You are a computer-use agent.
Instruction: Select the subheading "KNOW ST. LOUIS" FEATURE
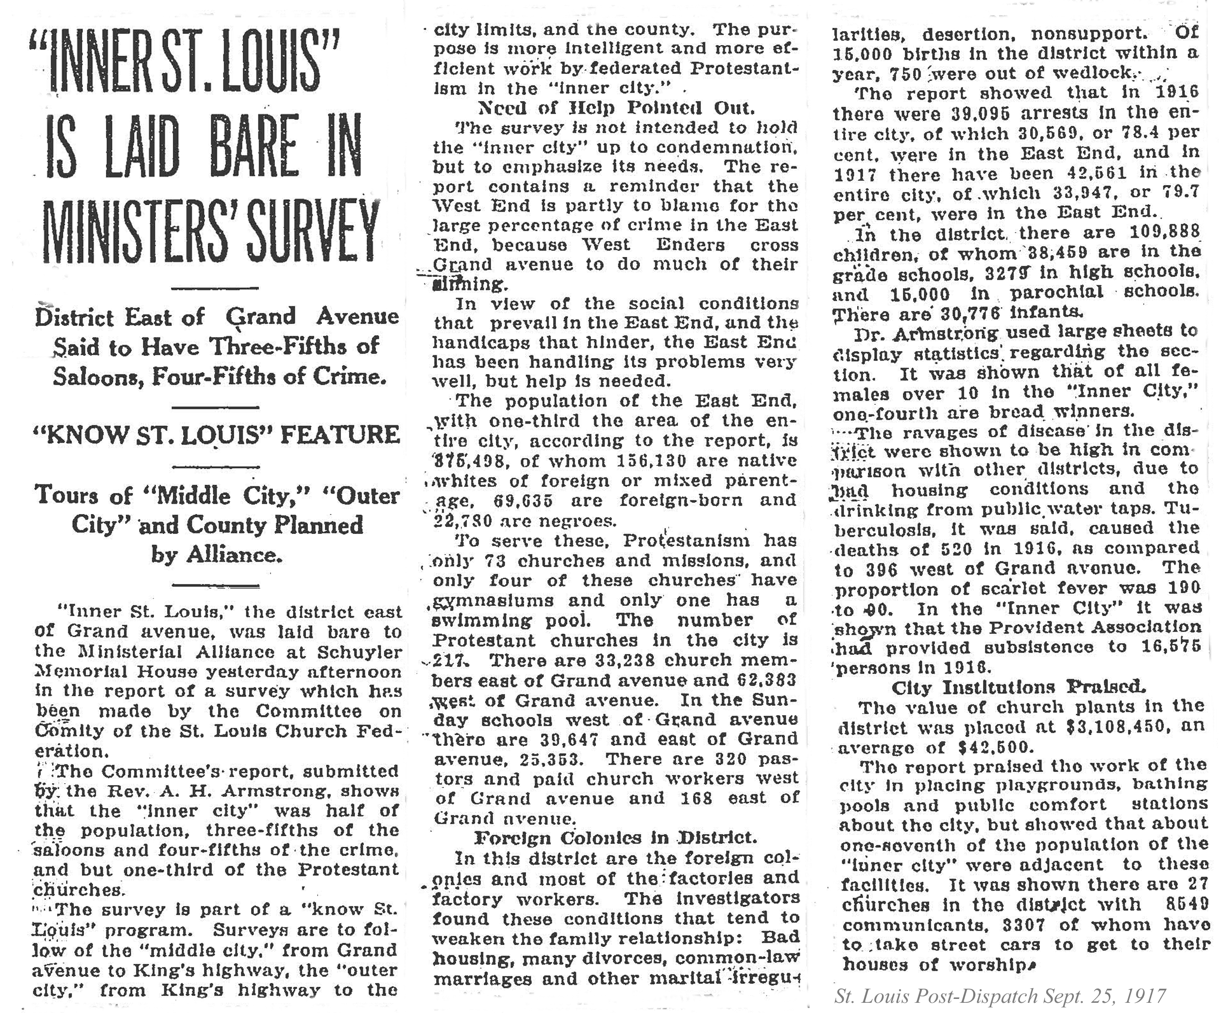tap(218, 435)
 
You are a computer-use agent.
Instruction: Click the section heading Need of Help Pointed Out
tap(616, 108)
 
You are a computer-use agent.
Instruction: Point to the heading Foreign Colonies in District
tap(616, 838)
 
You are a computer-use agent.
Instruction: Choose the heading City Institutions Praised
tap(1018, 687)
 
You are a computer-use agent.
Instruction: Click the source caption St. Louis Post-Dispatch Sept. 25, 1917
tap(1000, 996)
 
